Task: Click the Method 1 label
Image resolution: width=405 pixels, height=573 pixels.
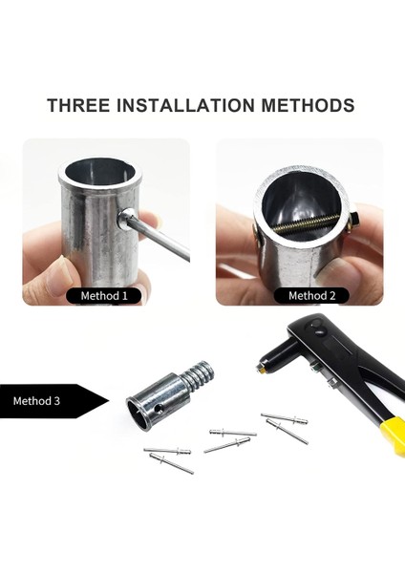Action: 104,296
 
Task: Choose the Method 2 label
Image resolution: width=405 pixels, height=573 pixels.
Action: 312,296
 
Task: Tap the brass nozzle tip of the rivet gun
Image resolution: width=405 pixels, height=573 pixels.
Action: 259,366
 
